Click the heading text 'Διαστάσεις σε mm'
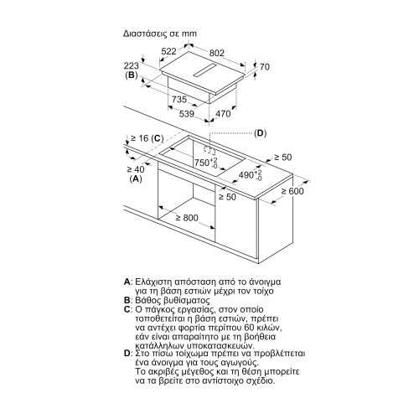click(x=160, y=34)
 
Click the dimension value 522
click(x=169, y=51)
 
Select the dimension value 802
click(x=217, y=53)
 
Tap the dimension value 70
click(x=265, y=67)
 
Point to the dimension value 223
click(x=132, y=66)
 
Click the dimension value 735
click(x=179, y=100)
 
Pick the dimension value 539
click(x=186, y=114)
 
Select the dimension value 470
click(x=223, y=113)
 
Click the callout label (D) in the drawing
click(x=261, y=133)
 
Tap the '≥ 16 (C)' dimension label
click(x=147, y=138)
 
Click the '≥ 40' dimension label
click(x=136, y=169)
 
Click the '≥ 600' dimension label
click(x=292, y=191)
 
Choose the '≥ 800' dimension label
click(x=187, y=218)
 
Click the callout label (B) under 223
click(x=132, y=75)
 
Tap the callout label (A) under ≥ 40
click(x=136, y=178)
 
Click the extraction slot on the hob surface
click(x=204, y=70)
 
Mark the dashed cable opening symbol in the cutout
click(x=209, y=149)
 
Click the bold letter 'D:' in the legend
click(x=127, y=354)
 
